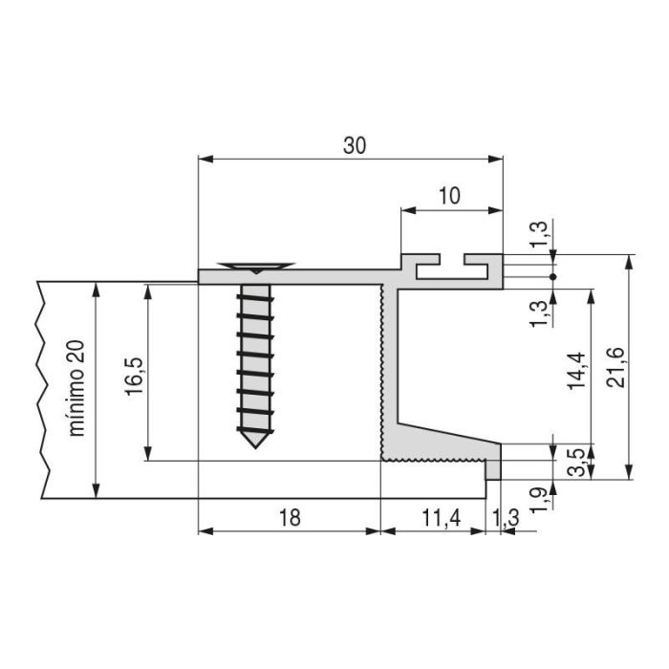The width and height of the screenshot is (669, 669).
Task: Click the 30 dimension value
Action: (x=355, y=145)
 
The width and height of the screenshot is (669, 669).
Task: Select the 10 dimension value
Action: (x=449, y=196)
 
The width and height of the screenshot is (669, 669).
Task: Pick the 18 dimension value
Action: (x=291, y=518)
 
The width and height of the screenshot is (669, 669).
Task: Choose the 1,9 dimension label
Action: (x=539, y=497)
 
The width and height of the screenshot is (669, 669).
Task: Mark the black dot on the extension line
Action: (x=553, y=276)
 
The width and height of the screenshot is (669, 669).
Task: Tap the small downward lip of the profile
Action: (x=494, y=470)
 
